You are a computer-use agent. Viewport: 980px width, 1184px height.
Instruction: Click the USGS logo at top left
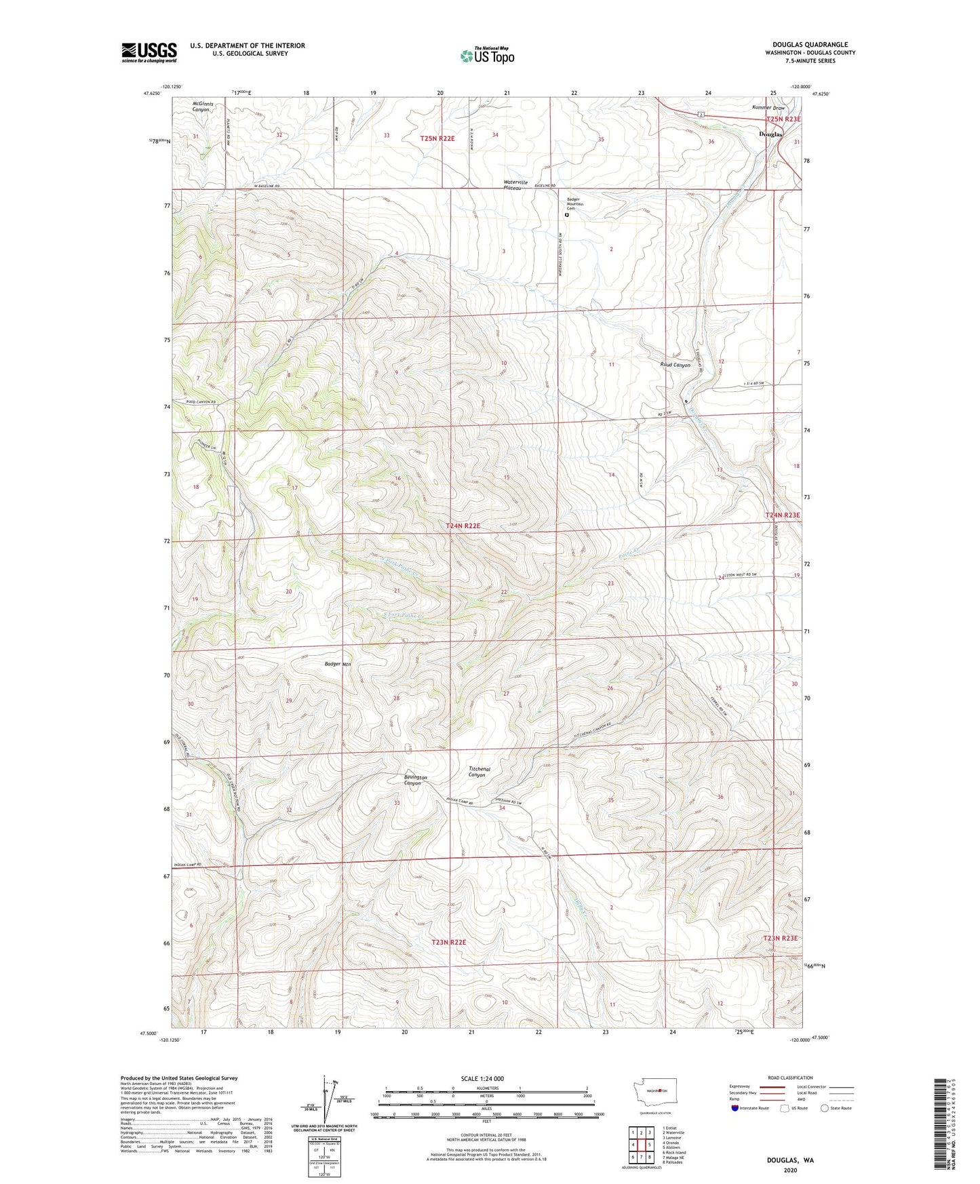point(149,52)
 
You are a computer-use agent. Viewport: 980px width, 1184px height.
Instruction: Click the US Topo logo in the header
point(487,56)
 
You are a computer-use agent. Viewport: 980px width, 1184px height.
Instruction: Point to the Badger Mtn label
point(338,664)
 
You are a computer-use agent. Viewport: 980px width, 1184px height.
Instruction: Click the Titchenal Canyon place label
point(479,772)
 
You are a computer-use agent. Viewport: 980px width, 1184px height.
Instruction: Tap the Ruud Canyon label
point(675,365)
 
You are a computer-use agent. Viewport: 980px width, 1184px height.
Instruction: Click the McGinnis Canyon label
point(202,106)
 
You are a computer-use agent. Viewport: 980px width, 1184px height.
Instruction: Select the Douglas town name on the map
point(770,134)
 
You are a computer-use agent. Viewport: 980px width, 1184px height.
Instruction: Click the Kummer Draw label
point(768,108)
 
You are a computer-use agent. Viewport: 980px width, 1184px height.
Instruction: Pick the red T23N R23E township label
point(781,938)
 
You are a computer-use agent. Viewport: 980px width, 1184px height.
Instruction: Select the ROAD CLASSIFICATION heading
point(789,1078)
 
